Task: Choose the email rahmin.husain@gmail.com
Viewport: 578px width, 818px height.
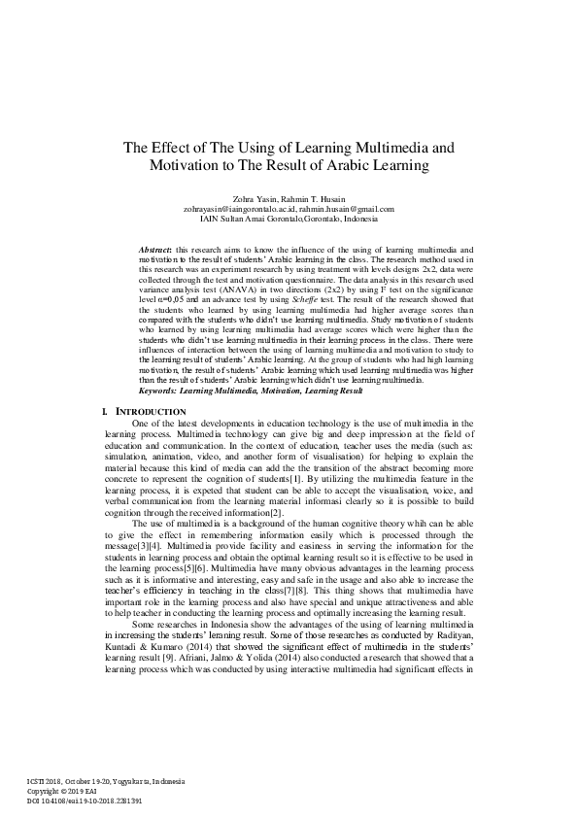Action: tap(349, 209)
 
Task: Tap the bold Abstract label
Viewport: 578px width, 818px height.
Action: tap(157, 250)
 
